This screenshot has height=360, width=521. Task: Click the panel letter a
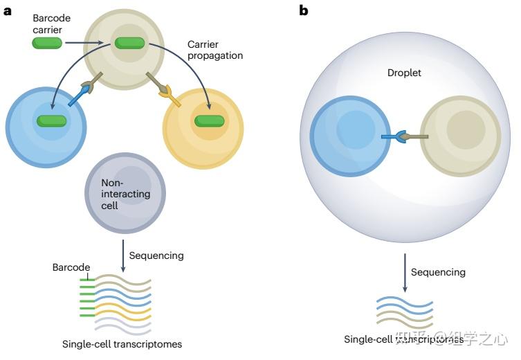pyautogui.click(x=8, y=10)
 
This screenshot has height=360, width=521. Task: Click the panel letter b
pyautogui.click(x=303, y=10)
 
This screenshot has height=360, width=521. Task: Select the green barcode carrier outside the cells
pyautogui.click(x=47, y=44)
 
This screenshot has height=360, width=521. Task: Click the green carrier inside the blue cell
pyautogui.click(x=52, y=121)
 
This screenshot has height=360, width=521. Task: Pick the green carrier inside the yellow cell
pyautogui.click(x=209, y=121)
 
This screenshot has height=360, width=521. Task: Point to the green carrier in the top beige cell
pyautogui.click(x=129, y=44)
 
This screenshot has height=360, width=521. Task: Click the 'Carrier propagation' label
pyautogui.click(x=214, y=50)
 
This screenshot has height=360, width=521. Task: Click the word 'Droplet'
pyautogui.click(x=404, y=73)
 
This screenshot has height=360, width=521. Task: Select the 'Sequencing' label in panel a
pyautogui.click(x=156, y=255)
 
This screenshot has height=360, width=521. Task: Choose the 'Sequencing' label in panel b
pyautogui.click(x=438, y=272)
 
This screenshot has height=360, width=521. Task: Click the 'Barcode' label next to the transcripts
pyautogui.click(x=71, y=267)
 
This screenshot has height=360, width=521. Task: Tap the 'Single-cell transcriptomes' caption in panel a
pyautogui.click(x=122, y=344)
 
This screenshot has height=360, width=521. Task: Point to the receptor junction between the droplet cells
pyautogui.click(x=404, y=136)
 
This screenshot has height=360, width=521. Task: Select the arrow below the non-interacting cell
pyautogui.click(x=123, y=255)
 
